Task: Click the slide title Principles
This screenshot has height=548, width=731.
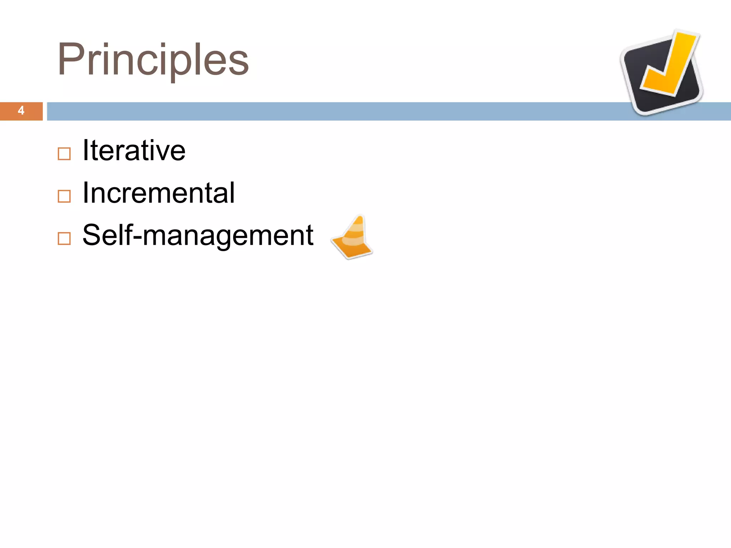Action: pos(153,60)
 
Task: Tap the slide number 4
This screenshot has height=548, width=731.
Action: pos(21,111)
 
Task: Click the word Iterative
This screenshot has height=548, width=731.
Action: pos(134,151)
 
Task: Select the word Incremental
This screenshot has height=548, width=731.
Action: pos(158,193)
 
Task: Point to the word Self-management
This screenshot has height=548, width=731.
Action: pos(198,235)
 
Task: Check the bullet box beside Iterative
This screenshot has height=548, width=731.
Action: pos(64,154)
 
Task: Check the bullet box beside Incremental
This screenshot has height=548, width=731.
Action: pos(64,196)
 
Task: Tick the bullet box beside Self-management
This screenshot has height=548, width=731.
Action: pos(64,238)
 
